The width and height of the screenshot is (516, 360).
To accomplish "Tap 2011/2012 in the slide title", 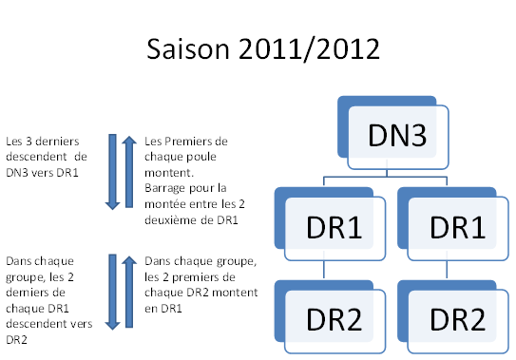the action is pos(305,50).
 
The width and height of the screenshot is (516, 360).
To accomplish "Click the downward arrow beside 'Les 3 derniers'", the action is pos(111,172).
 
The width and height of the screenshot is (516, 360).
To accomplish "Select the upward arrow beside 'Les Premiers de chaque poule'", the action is pos(129,172).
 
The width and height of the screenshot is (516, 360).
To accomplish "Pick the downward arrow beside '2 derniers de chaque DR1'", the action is pos(111,292).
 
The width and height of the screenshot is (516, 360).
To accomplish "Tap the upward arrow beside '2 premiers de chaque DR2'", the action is pos(129,292).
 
